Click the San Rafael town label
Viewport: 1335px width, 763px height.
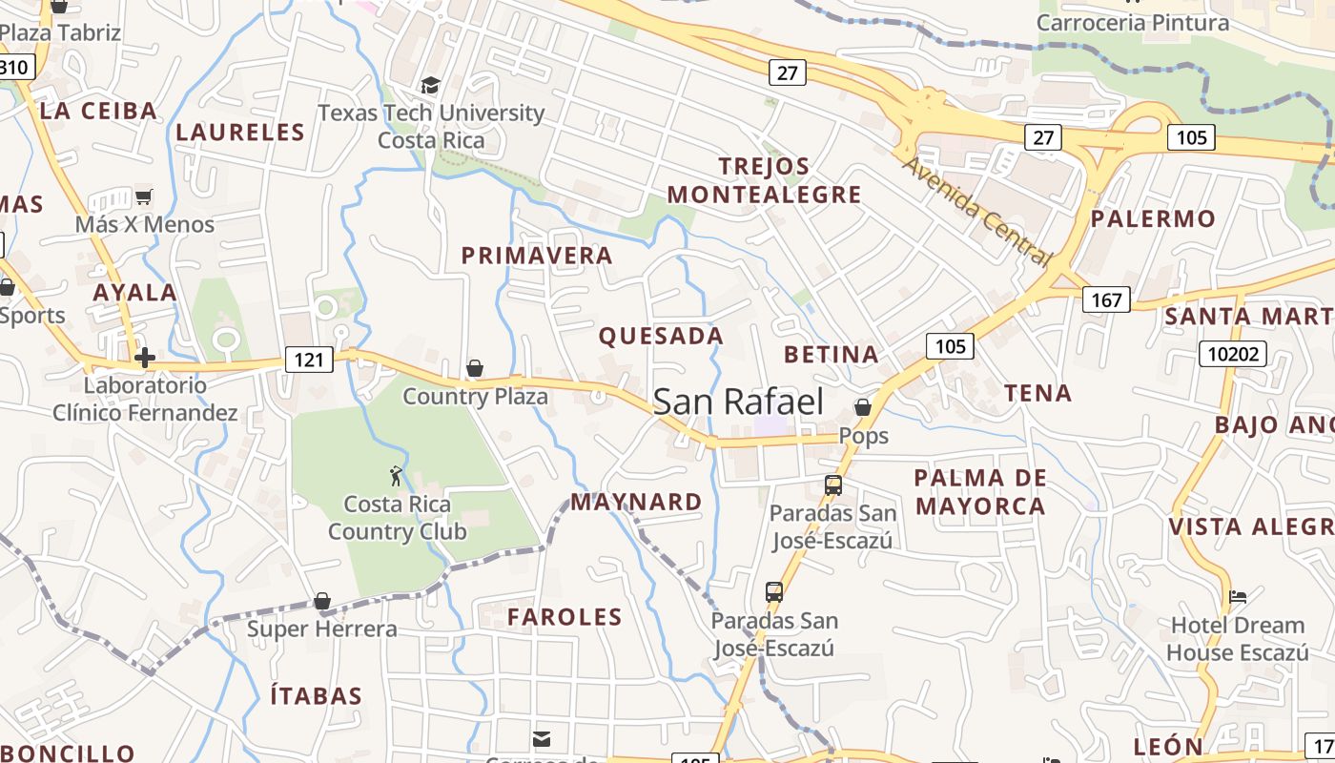(x=738, y=402)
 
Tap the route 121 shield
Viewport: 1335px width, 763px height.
(x=308, y=360)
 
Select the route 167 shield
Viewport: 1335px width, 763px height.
(x=1106, y=300)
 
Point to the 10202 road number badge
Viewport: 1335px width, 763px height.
(x=1233, y=355)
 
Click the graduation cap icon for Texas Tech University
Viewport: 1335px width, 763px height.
(x=431, y=86)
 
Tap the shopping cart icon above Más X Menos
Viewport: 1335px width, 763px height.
(x=143, y=197)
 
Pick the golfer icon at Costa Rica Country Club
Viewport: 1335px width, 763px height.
(x=396, y=475)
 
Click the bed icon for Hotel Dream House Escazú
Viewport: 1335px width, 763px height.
(x=1237, y=597)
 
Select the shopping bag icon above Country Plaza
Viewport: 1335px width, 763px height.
(x=474, y=368)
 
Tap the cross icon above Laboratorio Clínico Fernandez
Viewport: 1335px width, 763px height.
(x=145, y=358)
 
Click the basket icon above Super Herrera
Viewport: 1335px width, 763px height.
(x=322, y=601)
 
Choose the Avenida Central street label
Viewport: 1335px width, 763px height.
(x=976, y=210)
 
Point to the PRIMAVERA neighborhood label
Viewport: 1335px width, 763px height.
(x=537, y=256)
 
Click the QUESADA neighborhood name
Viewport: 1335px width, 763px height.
(x=661, y=336)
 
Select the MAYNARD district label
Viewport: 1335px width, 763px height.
(x=636, y=502)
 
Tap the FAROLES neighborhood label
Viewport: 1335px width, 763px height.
(x=565, y=617)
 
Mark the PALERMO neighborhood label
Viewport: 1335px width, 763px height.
(x=1153, y=218)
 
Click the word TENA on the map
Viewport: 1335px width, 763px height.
(x=1037, y=393)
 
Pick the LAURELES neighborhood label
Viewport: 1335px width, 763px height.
(x=239, y=132)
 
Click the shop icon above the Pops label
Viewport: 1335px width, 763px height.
(x=863, y=407)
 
